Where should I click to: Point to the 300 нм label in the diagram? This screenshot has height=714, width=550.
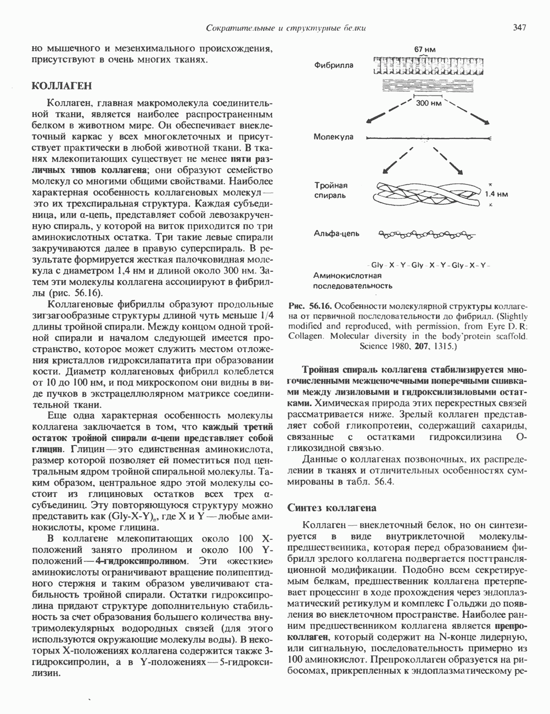pos(429,103)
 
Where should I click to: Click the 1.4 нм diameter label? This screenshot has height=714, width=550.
pos(497,194)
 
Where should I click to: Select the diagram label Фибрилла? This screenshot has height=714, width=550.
pos(334,66)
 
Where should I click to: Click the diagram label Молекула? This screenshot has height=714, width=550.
pos(334,137)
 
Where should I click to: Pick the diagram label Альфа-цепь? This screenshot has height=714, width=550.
pos(336,235)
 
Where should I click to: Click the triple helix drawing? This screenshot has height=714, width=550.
pos(429,194)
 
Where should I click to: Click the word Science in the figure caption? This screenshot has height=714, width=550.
pos(373,347)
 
